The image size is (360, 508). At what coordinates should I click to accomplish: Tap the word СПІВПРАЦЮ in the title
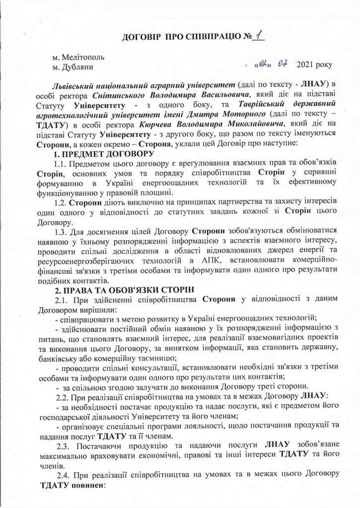click(x=204, y=38)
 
